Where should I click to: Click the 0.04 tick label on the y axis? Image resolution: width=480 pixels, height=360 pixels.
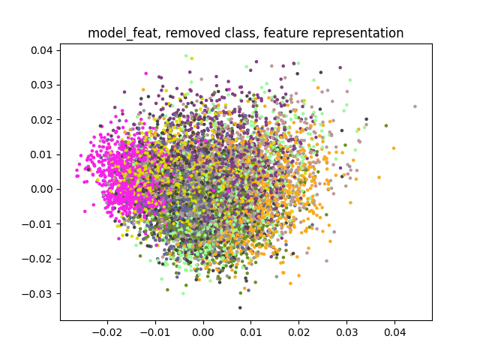42,50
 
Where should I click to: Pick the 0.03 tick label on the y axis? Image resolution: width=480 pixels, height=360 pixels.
42,85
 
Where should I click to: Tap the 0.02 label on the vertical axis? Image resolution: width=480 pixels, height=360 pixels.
42,120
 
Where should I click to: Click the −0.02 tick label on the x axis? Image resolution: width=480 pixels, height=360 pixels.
107,332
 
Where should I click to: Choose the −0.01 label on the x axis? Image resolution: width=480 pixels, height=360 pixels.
155,332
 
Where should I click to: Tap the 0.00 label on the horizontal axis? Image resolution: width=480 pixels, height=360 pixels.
203,332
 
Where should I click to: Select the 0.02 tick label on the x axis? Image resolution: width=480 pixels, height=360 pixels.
298,332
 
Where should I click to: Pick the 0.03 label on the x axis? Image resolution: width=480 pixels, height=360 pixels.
346,332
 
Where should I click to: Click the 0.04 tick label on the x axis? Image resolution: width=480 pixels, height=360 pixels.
394,332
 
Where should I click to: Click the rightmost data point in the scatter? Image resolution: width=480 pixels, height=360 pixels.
415,106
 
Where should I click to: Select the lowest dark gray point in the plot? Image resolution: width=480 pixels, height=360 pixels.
240,307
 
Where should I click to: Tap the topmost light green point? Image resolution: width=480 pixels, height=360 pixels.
186,55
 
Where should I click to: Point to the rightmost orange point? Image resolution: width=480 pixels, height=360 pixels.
394,148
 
